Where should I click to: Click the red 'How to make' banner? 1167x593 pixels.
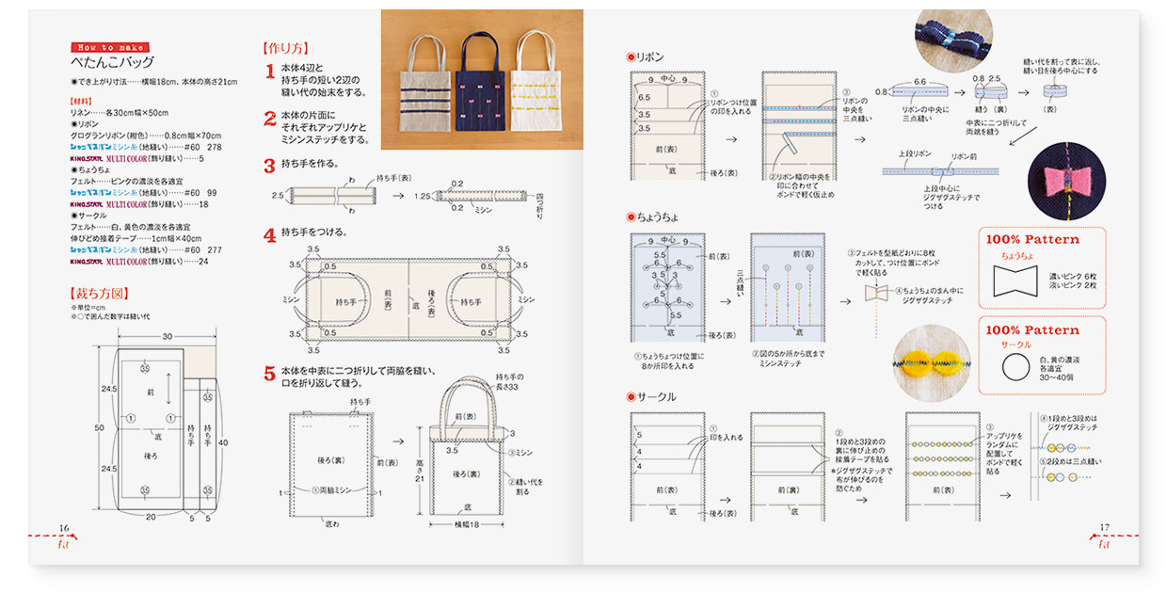tap(110, 47)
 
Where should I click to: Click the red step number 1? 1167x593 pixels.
tap(269, 71)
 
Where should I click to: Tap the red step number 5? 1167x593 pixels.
tap(269, 374)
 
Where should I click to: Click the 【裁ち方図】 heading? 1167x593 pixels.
tap(100, 294)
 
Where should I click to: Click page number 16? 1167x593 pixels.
tap(64, 528)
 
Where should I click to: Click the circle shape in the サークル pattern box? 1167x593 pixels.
tap(1015, 367)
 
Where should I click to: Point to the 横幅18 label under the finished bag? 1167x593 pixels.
tap(460, 523)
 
